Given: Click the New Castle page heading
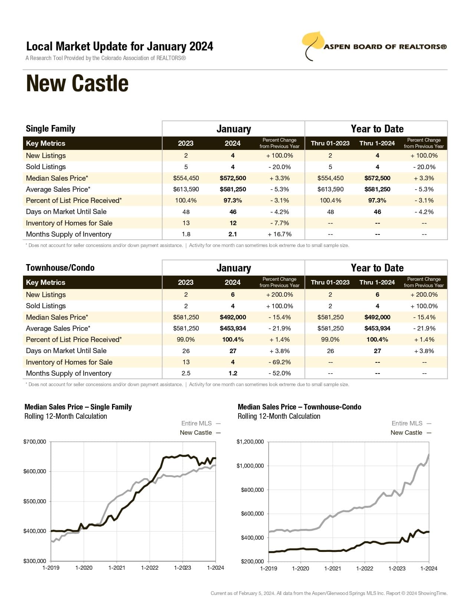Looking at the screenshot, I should pyautogui.click(x=77, y=83).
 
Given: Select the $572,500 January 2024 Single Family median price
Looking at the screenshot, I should pyautogui.click(x=233, y=178).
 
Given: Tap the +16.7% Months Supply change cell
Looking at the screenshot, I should pyautogui.click(x=279, y=234).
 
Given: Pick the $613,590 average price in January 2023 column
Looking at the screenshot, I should pyautogui.click(x=186, y=189).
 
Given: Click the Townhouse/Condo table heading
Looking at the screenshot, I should pyautogui.click(x=60, y=268).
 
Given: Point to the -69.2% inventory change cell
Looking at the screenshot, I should pyautogui.click(x=279, y=362).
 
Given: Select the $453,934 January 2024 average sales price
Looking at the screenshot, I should pyautogui.click(x=233, y=328).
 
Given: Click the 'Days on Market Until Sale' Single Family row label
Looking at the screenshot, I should pyautogui.click(x=66, y=212).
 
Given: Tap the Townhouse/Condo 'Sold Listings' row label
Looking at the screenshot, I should pyautogui.click(x=46, y=306).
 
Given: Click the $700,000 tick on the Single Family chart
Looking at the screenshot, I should pyautogui.click(x=35, y=442).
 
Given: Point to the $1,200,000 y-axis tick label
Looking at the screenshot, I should pyautogui.click(x=250, y=442).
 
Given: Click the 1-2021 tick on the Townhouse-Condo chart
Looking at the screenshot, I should pyautogui.click(x=332, y=568).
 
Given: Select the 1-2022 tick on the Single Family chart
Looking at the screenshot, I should pyautogui.click(x=150, y=567).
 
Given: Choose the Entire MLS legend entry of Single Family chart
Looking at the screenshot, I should pyautogui.click(x=200, y=423).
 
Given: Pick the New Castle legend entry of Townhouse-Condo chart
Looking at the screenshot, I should pyautogui.click(x=410, y=432).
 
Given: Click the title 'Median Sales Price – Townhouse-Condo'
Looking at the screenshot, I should pyautogui.click(x=299, y=407).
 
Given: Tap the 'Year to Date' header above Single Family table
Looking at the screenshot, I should pyautogui.click(x=377, y=129).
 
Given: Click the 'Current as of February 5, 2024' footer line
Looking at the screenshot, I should pyautogui.click(x=329, y=593).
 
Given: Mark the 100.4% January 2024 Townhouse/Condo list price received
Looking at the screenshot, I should pyautogui.click(x=233, y=339).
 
